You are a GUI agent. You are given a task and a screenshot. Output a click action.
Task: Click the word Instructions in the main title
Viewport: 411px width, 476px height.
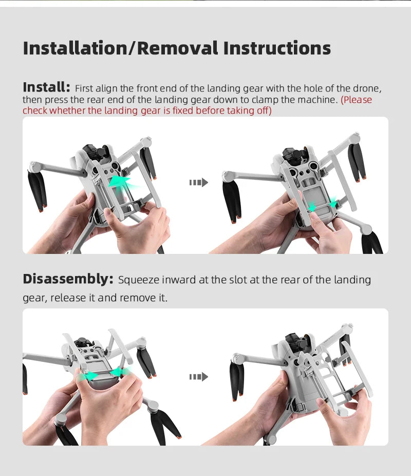(277, 48)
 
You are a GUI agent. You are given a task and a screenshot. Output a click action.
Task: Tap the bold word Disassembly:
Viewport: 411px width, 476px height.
(68, 280)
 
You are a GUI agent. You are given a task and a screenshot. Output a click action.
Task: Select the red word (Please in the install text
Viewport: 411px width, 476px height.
(357, 99)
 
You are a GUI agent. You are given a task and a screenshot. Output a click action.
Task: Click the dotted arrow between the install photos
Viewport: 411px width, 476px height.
(198, 182)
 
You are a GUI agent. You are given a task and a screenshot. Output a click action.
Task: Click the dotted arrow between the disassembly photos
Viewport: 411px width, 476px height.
(198, 377)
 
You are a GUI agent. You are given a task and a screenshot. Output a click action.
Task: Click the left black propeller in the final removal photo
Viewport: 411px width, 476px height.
(236, 381)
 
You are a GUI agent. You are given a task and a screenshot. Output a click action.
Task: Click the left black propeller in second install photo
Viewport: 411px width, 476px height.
(232, 200)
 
